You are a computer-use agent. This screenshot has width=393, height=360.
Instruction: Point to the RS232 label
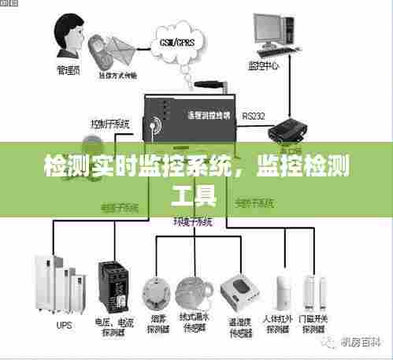coord(254,116)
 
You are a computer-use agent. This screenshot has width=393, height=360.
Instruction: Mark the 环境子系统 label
coord(193,222)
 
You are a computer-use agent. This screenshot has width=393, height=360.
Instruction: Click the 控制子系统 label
coord(110,124)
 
